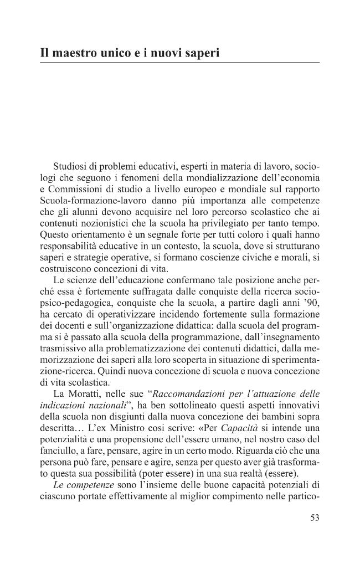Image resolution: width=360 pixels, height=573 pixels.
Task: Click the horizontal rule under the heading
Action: [180, 63]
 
